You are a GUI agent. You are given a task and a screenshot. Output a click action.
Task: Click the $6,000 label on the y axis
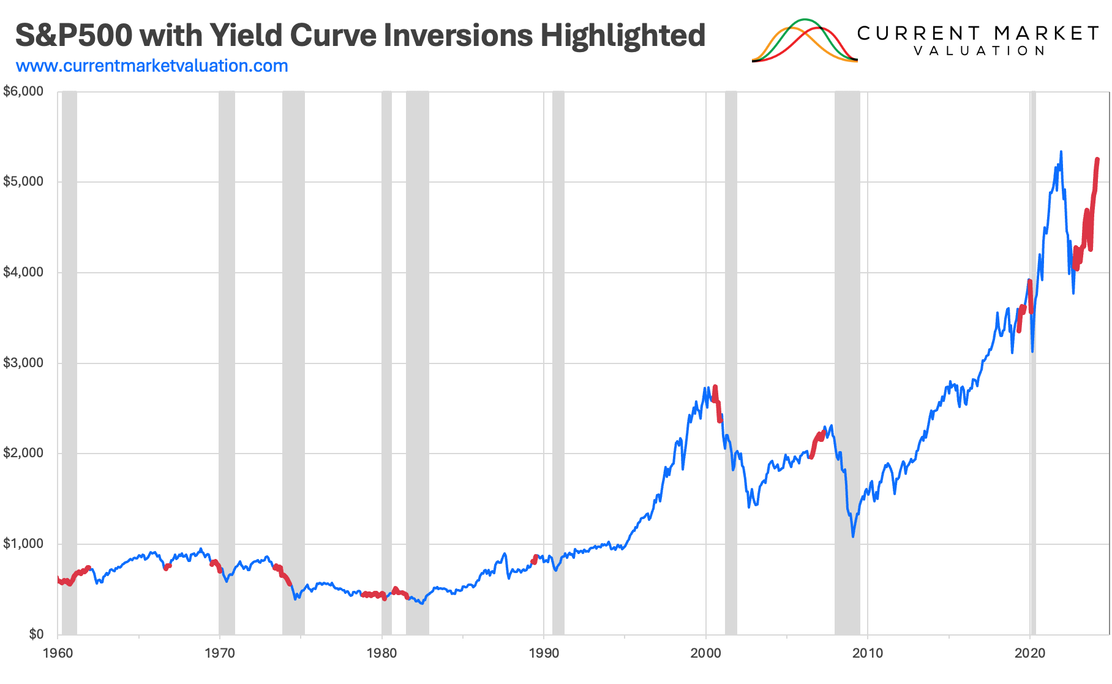23,91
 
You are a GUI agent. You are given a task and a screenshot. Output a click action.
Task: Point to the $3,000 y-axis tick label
23,363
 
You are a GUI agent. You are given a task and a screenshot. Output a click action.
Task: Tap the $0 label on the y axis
36,634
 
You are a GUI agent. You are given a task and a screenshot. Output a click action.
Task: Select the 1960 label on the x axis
58,653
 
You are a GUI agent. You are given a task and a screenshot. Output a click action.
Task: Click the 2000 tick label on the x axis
705,653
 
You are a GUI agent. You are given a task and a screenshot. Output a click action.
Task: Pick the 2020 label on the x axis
1030,653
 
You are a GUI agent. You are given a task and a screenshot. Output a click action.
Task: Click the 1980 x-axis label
381,653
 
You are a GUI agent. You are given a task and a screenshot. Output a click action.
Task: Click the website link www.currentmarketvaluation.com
152,66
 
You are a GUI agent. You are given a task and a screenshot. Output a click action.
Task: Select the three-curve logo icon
805,40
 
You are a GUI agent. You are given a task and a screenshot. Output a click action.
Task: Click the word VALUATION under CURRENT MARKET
979,51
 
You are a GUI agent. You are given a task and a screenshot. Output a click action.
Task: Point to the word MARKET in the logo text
1046,33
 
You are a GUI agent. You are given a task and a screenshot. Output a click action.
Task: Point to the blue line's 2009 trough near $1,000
853,536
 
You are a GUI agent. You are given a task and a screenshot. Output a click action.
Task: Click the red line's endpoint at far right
1097,160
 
